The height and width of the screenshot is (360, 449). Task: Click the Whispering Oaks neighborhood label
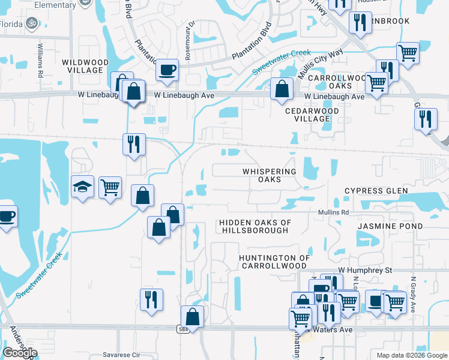[270, 175]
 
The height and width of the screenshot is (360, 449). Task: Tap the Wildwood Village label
[85, 66]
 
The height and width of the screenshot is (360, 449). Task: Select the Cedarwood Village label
[312, 115]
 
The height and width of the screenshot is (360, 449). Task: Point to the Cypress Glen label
[376, 191]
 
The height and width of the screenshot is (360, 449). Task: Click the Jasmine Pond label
[390, 226]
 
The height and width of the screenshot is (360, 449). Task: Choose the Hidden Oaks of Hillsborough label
[255, 226]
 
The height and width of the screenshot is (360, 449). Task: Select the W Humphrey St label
[364, 271]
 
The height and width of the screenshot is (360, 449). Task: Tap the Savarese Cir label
[121, 355]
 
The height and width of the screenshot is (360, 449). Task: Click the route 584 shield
[181, 329]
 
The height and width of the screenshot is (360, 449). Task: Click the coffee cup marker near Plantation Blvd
[167, 70]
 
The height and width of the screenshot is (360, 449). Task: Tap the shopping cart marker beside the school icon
[110, 187]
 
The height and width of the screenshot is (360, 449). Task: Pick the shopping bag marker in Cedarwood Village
[282, 89]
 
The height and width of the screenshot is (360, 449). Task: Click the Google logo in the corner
[20, 353]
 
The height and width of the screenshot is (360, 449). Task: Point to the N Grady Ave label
[413, 294]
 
